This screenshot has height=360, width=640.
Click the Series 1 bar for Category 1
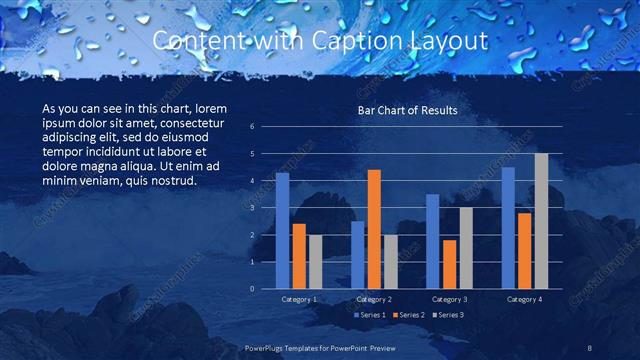pos(282,231)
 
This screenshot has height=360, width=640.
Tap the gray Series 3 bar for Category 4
pos(541,221)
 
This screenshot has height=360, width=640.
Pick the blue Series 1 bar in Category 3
pos(432,241)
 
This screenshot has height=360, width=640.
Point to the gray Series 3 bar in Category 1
pos(315,262)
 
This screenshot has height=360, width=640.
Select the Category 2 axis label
pos(374,299)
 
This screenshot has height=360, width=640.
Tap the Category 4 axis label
pos(524,299)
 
